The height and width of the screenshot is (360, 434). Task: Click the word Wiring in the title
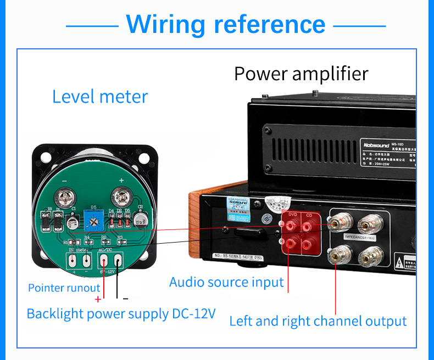coord(165,24)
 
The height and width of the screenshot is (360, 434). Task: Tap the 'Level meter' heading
coord(100,97)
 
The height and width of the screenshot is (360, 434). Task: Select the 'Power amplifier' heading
coord(301,73)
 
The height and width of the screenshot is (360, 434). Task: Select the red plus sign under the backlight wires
coord(98,299)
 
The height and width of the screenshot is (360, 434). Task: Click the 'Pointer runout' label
coord(64,288)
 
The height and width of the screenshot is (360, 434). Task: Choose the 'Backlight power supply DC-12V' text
coord(121,314)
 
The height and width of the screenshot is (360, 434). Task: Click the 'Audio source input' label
coord(226,283)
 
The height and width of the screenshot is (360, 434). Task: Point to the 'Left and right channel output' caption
coord(318,321)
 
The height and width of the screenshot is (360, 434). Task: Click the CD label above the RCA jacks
coord(309,215)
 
